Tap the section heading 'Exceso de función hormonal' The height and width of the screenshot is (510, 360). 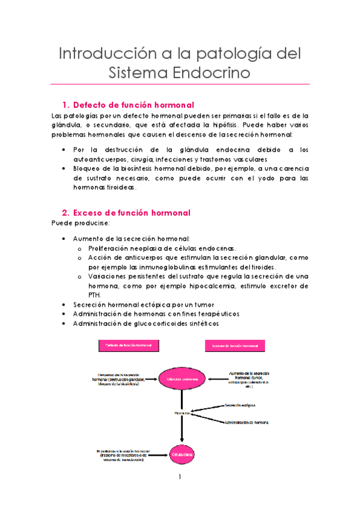(x=131, y=213)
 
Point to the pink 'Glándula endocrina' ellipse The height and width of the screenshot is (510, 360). (x=182, y=379)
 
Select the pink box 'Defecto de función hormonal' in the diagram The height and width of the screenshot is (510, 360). (x=129, y=346)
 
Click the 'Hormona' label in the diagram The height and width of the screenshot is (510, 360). (x=182, y=413)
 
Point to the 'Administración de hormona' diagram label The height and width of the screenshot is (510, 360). (x=247, y=422)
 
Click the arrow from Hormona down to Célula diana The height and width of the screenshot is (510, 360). (x=182, y=430)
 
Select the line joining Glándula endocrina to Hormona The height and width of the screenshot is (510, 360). (x=182, y=399)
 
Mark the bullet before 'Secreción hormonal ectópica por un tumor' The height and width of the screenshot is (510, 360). (x=64, y=304)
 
